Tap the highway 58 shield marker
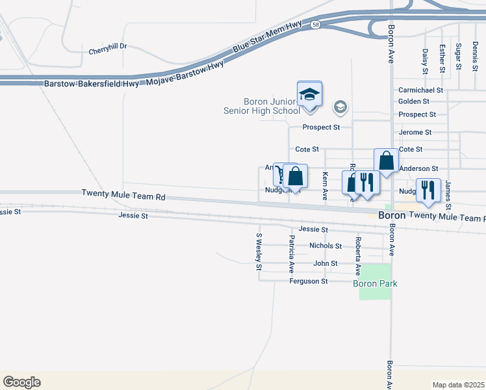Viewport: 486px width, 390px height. pos(315,24)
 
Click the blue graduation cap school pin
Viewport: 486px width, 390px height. pos(310,95)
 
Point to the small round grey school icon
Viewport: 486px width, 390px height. pos(340,107)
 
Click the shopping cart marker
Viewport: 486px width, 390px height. pos(280,175)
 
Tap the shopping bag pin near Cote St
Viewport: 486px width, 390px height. pos(386,161)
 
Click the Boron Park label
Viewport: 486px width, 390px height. pos(375,283)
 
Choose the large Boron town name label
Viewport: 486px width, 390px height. pos(392,214)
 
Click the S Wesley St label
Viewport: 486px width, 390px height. pos(259,252)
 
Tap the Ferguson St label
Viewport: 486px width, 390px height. pos(309,281)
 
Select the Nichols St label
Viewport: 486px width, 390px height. pos(326,246)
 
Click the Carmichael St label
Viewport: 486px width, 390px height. pos(420,90)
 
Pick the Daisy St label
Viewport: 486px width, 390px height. pos(425,59)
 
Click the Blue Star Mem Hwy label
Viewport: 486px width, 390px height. pos(260,44)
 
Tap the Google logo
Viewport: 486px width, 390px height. pos(21,382)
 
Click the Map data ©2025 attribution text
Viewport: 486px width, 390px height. pos(458,385)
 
